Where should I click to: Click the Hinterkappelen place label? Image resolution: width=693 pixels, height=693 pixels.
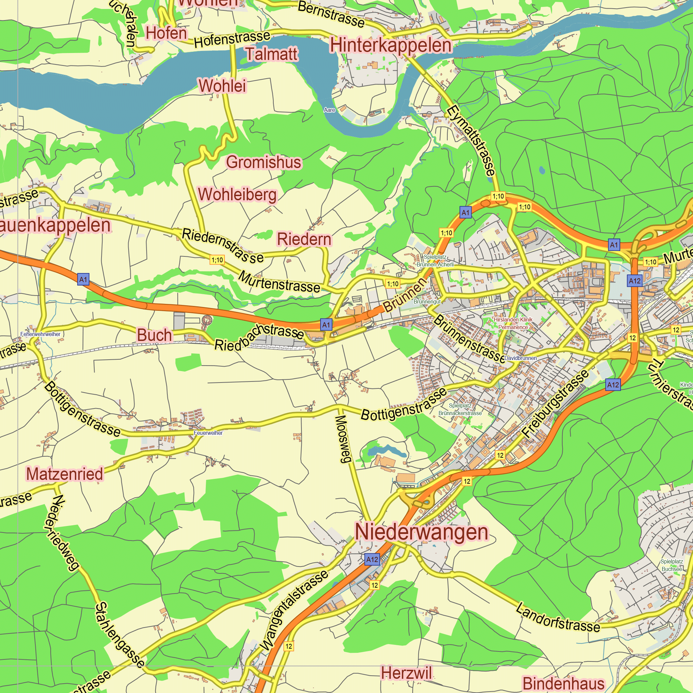pyautogui.click(x=391, y=45)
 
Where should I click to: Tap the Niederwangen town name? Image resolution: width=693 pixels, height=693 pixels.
pyautogui.click(x=421, y=532)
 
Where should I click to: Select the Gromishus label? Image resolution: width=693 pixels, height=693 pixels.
pyautogui.click(x=264, y=162)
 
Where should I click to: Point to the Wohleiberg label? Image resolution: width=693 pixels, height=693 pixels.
pyautogui.click(x=237, y=194)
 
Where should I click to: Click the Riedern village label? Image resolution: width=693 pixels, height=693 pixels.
pyautogui.click(x=304, y=239)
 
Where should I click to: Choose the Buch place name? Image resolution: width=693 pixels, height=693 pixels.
pyautogui.click(x=155, y=335)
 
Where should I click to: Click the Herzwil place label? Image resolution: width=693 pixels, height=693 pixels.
pyautogui.click(x=406, y=673)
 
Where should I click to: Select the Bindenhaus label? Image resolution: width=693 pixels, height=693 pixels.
pyautogui.click(x=563, y=684)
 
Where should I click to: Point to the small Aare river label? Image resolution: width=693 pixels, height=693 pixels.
pyautogui.click(x=329, y=110)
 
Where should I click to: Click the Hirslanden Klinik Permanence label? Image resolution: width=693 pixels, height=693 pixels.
pyautogui.click(x=513, y=323)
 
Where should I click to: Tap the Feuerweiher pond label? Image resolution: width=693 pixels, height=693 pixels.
pyautogui.click(x=208, y=433)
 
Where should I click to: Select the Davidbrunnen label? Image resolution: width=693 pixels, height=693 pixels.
pyautogui.click(x=520, y=358)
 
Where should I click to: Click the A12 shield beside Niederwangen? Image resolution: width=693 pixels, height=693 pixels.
pyautogui.click(x=372, y=559)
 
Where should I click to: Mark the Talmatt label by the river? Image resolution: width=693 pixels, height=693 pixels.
pyautogui.click(x=272, y=54)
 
